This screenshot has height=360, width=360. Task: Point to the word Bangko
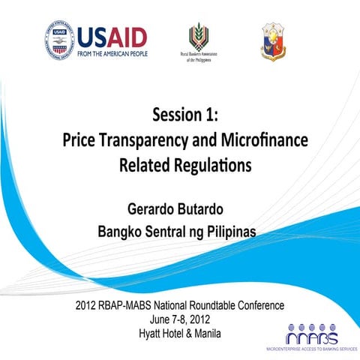pos(122,232)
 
